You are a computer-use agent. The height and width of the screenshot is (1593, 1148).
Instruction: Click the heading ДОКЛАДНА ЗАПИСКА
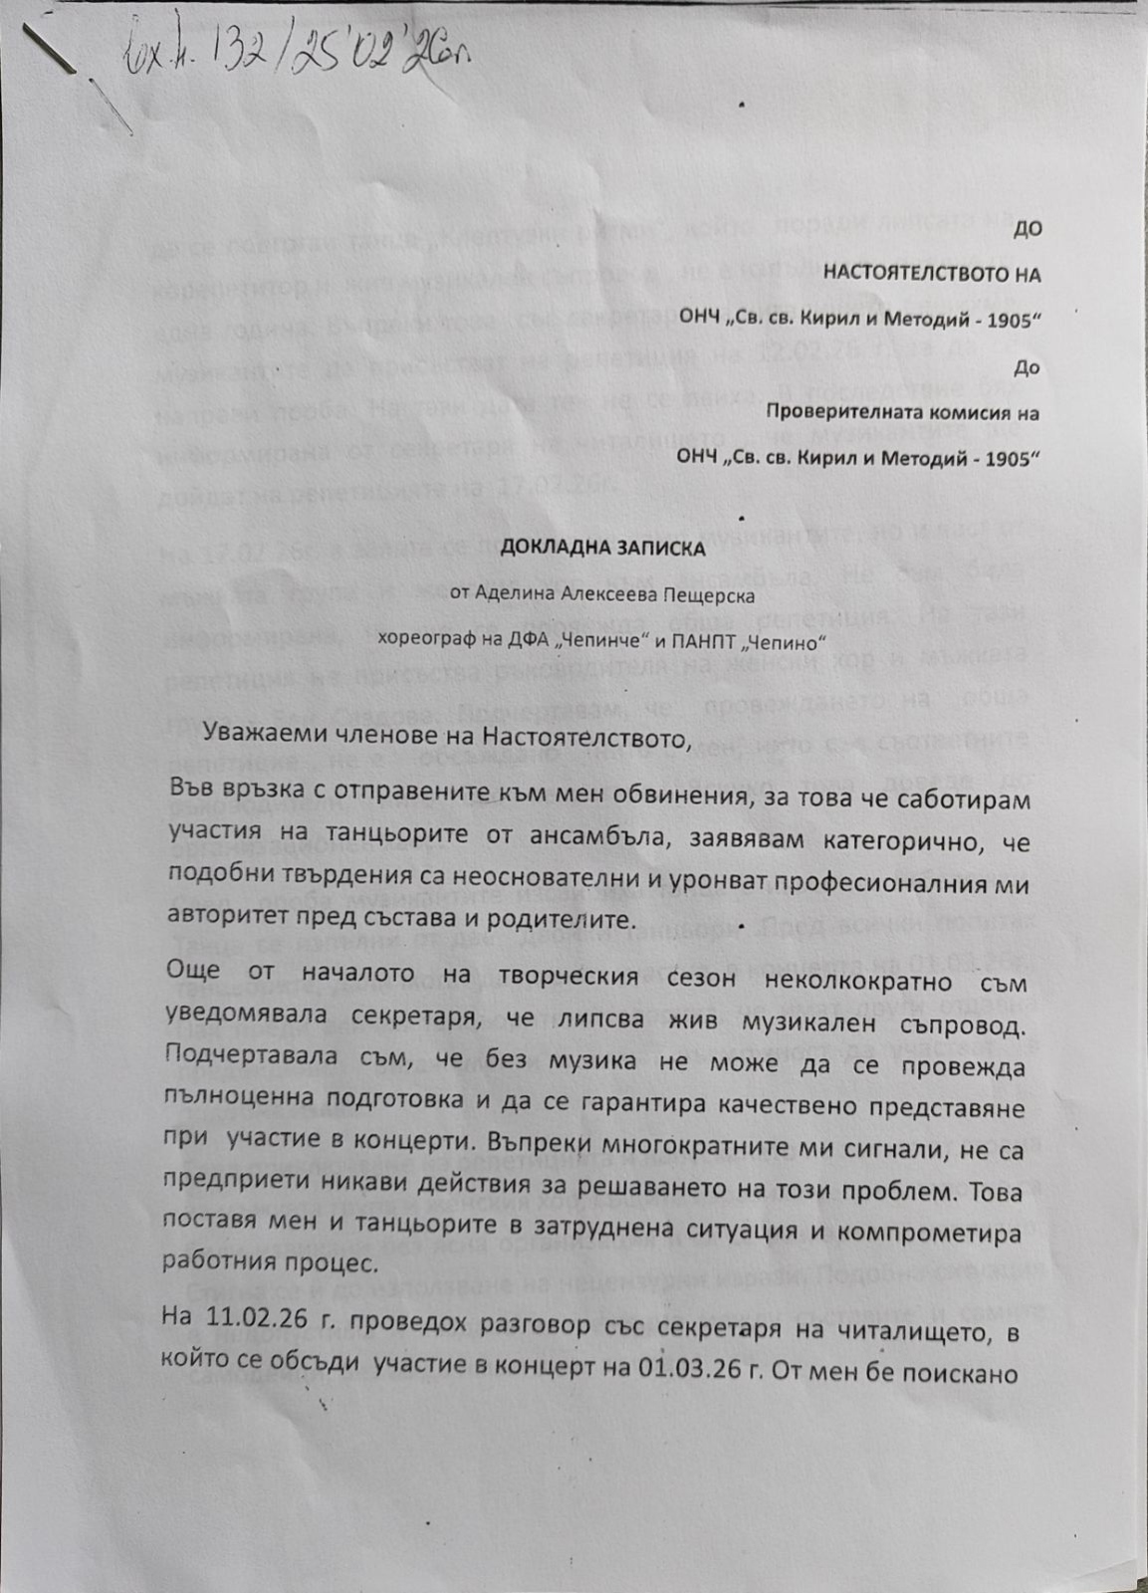click(602, 548)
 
